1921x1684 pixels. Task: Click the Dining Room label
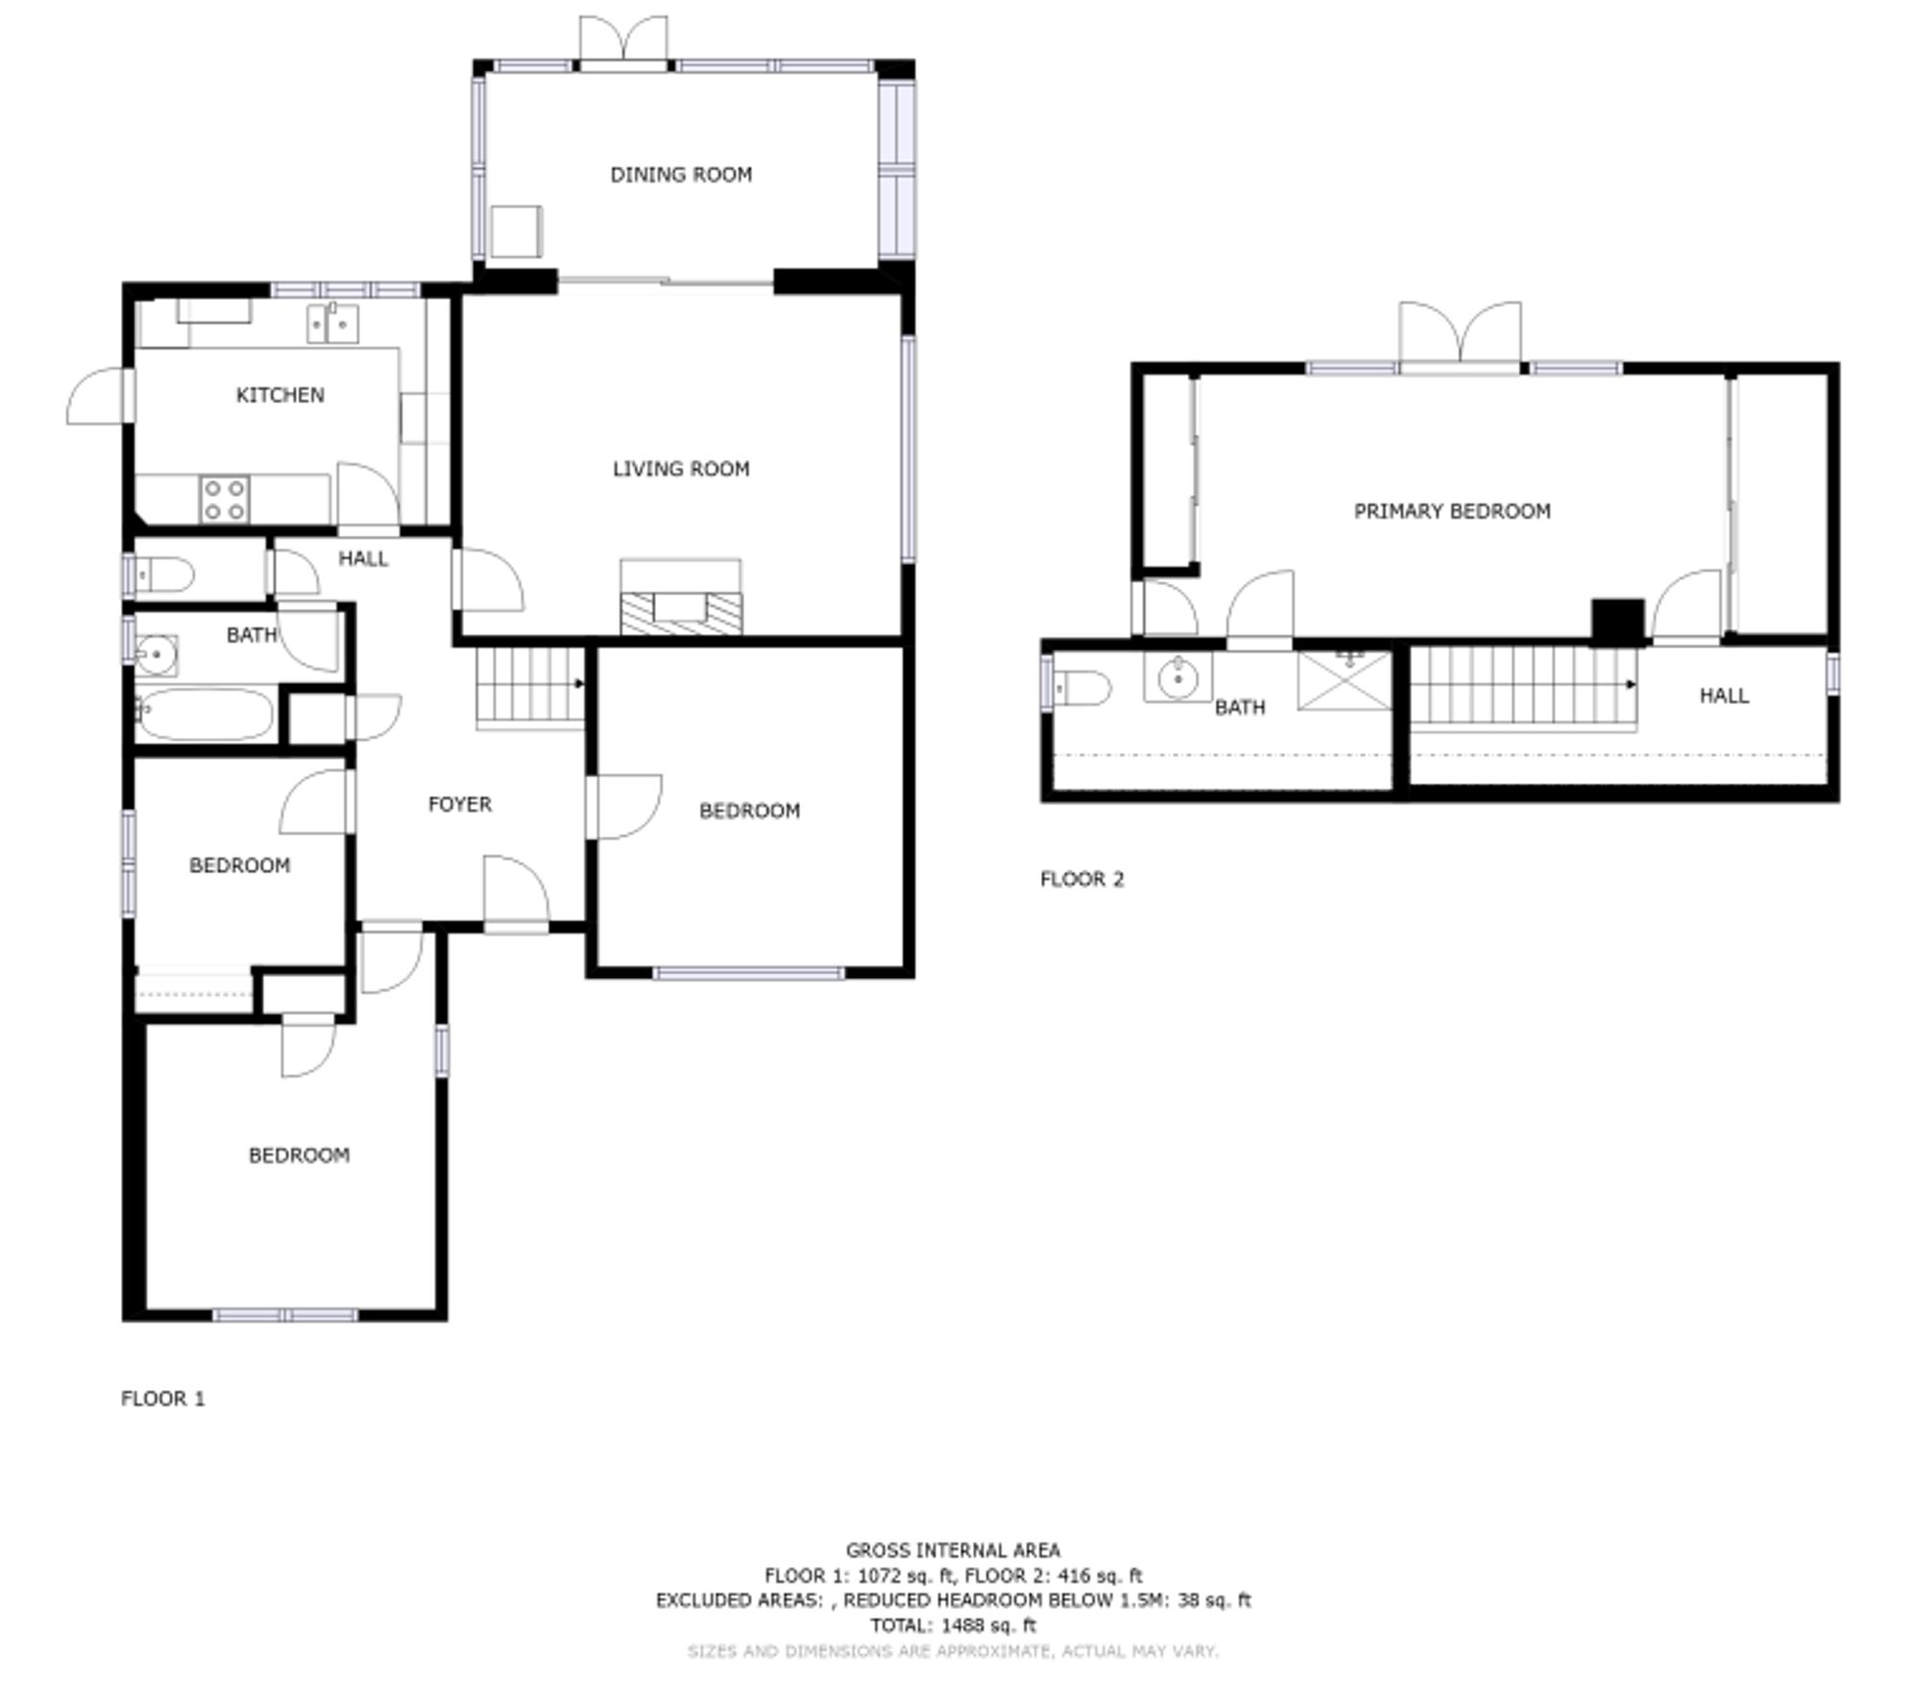click(681, 175)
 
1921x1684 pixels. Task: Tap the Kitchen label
click(280, 395)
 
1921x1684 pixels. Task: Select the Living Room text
click(681, 469)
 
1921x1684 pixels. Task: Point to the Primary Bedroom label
click(1451, 511)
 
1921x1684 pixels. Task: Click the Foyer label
click(459, 804)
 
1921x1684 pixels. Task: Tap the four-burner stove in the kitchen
click(225, 500)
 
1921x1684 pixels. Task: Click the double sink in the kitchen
click(332, 323)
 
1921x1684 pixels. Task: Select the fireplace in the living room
click(681, 598)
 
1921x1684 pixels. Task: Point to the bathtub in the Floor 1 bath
click(204, 713)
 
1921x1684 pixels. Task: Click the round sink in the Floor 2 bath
click(1178, 678)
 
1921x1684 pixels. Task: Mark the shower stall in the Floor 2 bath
click(1344, 680)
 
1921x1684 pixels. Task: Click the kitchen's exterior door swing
click(97, 396)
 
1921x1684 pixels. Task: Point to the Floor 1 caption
click(163, 1399)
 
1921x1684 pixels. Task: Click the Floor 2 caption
click(1082, 879)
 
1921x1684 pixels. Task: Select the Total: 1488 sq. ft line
click(953, 1625)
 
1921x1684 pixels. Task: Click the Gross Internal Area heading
click(953, 1550)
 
